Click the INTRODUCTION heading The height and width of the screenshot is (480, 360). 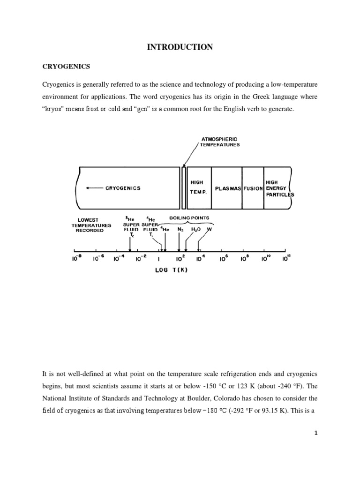click(180, 46)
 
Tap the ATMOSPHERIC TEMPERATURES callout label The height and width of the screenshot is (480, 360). click(220, 142)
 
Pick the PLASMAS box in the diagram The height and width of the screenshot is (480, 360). click(227, 188)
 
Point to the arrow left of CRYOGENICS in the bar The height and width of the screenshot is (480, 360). click(95, 188)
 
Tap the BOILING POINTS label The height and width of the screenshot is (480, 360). click(192, 217)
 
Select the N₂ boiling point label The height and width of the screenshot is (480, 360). click(180, 230)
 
